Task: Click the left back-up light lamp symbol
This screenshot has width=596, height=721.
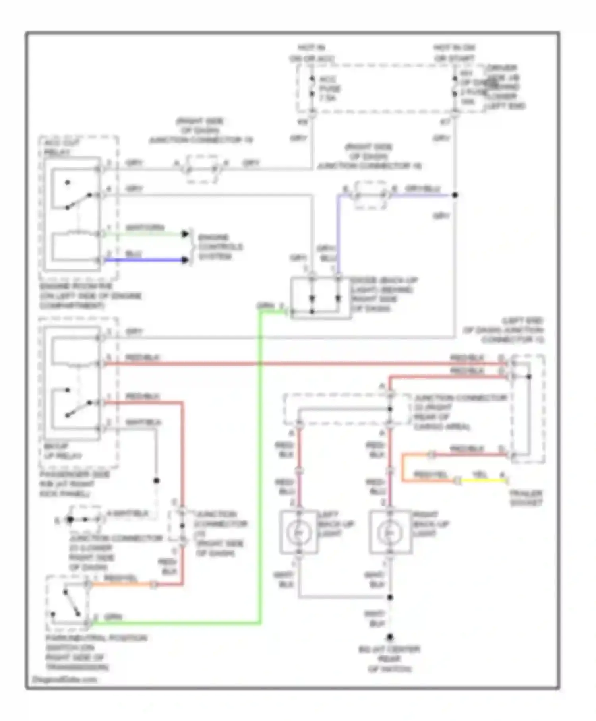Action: (299, 532)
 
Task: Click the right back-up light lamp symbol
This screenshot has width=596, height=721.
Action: (390, 532)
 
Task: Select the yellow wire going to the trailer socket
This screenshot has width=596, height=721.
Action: (483, 481)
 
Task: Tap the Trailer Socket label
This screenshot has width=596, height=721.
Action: (526, 498)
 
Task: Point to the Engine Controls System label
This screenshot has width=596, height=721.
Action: (220, 247)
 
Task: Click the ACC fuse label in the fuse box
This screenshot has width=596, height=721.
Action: (330, 89)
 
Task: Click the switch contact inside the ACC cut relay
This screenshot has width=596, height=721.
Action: (78, 201)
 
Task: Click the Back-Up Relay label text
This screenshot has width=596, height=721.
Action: (62, 451)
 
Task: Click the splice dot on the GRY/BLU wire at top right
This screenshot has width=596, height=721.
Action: (455, 195)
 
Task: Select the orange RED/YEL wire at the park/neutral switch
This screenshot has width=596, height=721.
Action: (119, 585)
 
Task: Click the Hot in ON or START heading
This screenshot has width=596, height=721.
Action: (454, 53)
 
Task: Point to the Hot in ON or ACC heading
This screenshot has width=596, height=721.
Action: (312, 53)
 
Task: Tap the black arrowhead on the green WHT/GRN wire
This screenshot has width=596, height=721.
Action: (185, 234)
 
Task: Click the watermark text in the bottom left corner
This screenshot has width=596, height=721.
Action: (64, 679)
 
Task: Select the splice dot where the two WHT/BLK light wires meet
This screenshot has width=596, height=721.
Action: (390, 597)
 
